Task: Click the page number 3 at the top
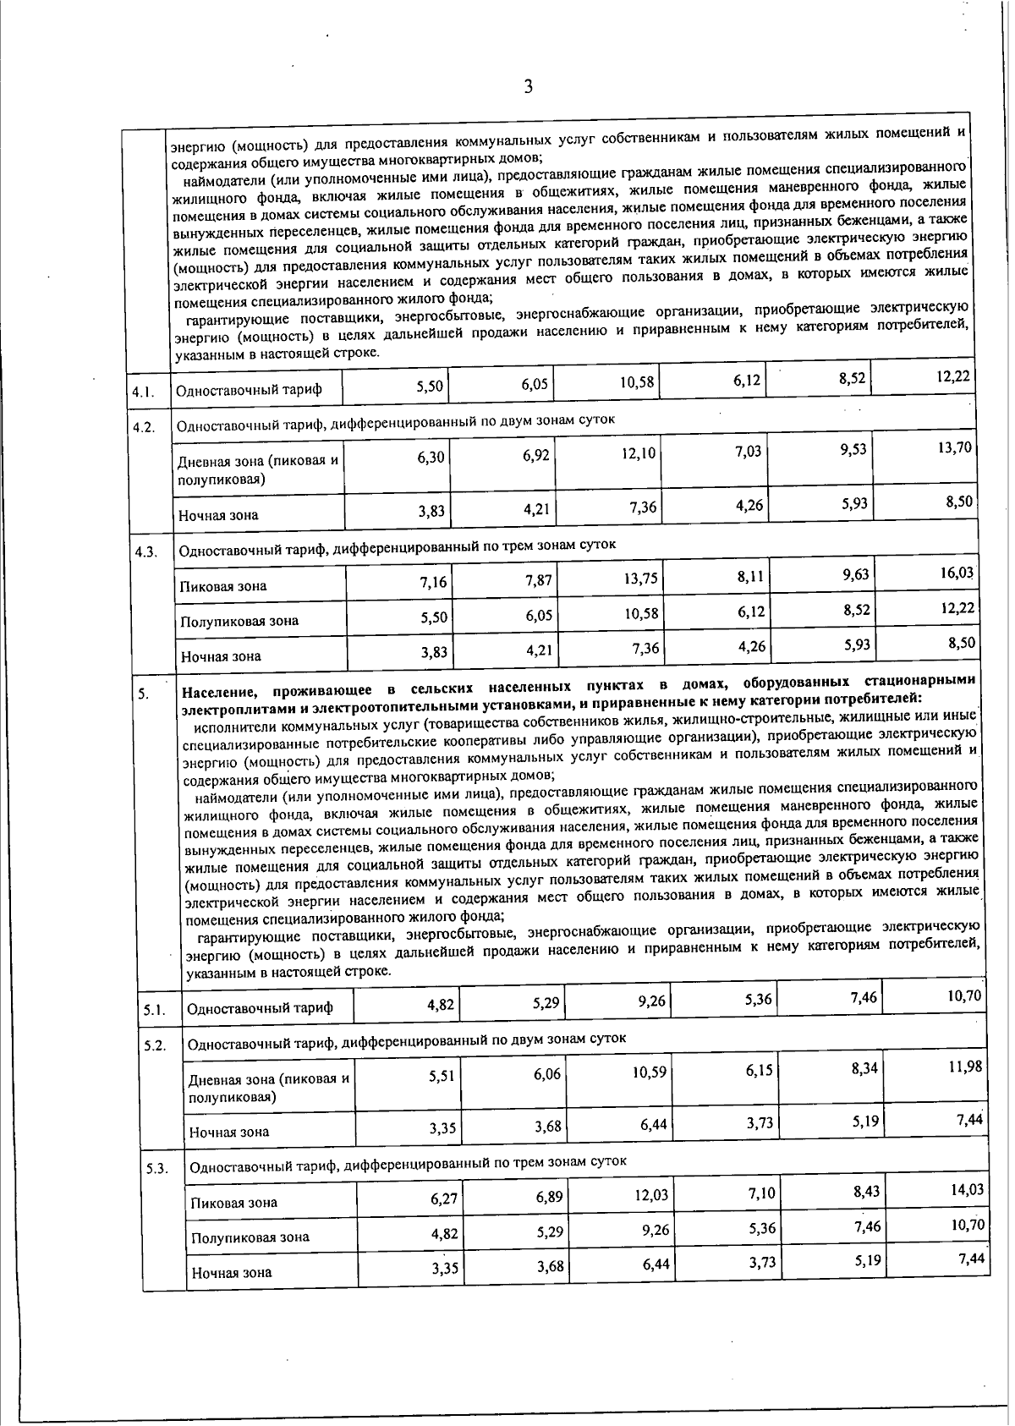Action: (x=529, y=86)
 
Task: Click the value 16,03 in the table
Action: (x=956, y=573)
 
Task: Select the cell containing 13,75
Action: (x=639, y=581)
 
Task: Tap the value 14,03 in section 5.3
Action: (x=966, y=1189)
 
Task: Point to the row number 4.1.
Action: (x=144, y=392)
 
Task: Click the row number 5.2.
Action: (x=155, y=1045)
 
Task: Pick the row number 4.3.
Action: (x=145, y=552)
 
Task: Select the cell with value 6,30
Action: (x=431, y=457)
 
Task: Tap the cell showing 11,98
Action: (x=965, y=1067)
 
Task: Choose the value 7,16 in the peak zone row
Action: (x=433, y=582)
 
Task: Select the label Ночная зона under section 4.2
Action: (x=218, y=515)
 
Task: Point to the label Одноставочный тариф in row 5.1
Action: (x=260, y=1008)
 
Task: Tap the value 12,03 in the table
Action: (x=651, y=1196)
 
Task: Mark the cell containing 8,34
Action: (x=864, y=1068)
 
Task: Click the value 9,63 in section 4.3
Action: (x=854, y=575)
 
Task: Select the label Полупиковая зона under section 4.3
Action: (x=239, y=621)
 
